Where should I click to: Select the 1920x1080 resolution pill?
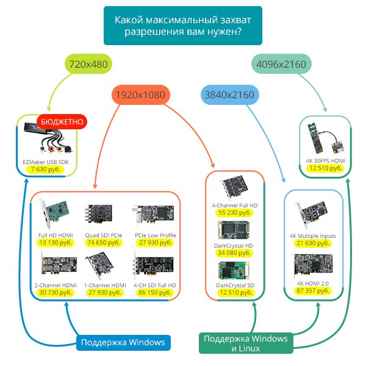pyautogui.click(x=140, y=95)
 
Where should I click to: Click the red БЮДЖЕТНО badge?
pyautogui.click(x=62, y=122)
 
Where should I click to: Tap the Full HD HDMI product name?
pyautogui.click(x=56, y=235)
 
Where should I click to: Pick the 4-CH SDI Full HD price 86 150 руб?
pyautogui.click(x=155, y=293)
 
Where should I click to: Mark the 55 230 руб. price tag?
pyautogui.click(x=235, y=213)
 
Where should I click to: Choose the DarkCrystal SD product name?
pyautogui.click(x=235, y=285)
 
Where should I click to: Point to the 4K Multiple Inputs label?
pyautogui.click(x=312, y=235)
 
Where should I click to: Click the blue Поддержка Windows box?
pyautogui.click(x=123, y=342)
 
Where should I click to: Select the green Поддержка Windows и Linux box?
pyautogui.click(x=246, y=343)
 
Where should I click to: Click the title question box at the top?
pyautogui.click(x=183, y=25)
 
